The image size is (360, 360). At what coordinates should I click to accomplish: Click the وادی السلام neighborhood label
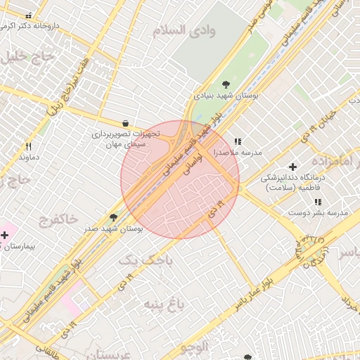tap(186, 30)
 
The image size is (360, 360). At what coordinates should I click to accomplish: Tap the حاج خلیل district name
tap(25, 56)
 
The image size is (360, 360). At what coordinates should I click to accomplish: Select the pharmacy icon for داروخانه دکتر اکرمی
tap(28, 15)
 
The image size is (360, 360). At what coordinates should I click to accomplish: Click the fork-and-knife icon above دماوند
tap(28, 146)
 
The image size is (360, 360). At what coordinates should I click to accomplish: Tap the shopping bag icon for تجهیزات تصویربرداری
tap(125, 122)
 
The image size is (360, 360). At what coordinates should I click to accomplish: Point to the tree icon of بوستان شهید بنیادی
tap(225, 84)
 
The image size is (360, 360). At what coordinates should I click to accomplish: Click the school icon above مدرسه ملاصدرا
tap(238, 141)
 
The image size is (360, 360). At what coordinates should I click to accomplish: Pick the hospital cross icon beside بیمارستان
tap(5, 235)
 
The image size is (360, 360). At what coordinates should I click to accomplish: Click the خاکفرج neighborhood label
tap(60, 219)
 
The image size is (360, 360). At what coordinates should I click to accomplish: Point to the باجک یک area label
tap(145, 260)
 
